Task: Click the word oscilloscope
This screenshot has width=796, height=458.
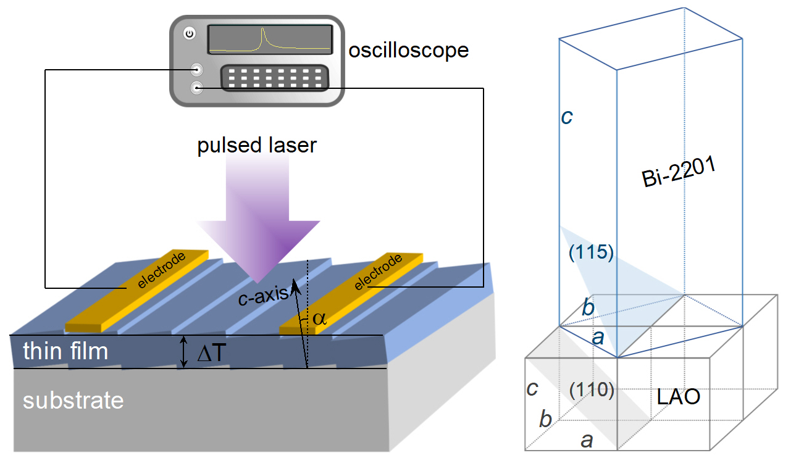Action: [408, 50]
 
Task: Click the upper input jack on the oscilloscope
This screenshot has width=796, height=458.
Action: [197, 69]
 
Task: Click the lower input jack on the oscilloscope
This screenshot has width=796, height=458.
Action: [197, 88]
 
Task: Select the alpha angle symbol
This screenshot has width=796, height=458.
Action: [318, 319]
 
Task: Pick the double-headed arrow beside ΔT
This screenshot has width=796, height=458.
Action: [183, 352]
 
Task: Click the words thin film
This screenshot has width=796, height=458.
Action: [65, 351]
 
